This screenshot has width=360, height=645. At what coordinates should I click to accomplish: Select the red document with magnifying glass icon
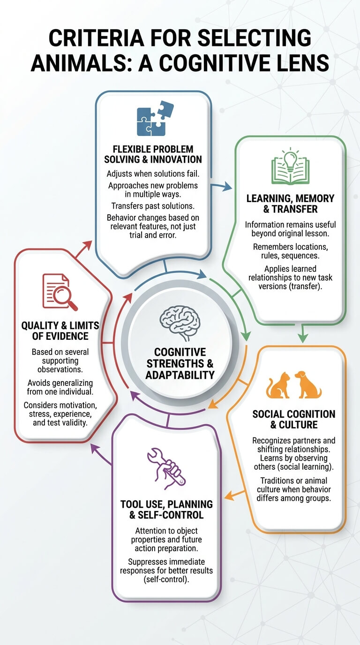click(60, 292)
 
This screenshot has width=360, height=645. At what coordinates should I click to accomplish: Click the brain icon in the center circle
click(180, 323)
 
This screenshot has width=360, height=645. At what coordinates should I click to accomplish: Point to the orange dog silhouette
click(307, 384)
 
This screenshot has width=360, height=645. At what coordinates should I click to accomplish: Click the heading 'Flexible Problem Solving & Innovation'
click(153, 154)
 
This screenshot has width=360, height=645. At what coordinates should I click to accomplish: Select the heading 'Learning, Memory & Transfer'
click(290, 203)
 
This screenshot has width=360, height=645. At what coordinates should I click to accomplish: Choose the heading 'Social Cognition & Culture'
click(294, 419)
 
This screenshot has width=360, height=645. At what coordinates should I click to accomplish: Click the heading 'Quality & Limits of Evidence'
click(60, 330)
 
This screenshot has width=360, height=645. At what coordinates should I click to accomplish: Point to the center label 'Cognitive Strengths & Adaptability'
click(180, 363)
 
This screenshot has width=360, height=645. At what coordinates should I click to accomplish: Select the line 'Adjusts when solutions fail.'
click(153, 173)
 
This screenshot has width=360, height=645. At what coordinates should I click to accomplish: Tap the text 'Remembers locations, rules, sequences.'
click(290, 251)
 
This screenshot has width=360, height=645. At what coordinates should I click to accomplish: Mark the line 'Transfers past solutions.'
click(153, 206)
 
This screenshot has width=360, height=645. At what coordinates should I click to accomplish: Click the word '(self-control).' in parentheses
click(166, 579)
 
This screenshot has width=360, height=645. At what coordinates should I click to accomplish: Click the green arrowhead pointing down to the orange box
click(302, 337)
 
